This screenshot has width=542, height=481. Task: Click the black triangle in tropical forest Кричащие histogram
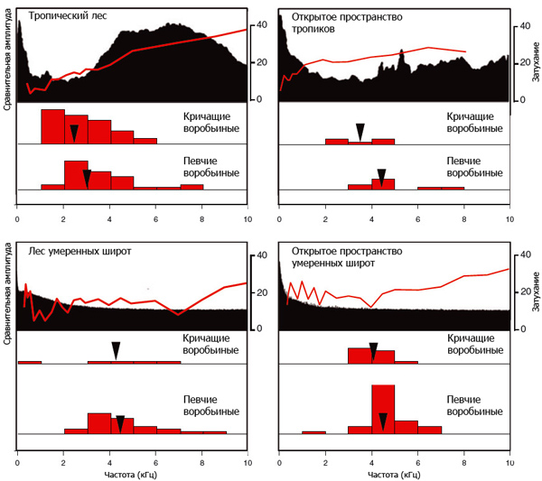(x=74, y=132)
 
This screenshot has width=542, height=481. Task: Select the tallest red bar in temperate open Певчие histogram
(x=383, y=409)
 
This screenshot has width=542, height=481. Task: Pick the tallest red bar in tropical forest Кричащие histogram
(x=52, y=126)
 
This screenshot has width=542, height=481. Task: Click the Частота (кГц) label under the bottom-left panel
(x=133, y=473)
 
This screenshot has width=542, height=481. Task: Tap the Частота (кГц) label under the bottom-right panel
(x=395, y=473)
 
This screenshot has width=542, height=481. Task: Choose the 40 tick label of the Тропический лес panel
(x=263, y=25)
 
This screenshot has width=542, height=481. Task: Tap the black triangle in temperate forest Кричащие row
(x=116, y=350)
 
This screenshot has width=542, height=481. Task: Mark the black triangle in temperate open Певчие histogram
(x=383, y=421)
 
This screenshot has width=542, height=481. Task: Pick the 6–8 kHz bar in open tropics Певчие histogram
(x=441, y=188)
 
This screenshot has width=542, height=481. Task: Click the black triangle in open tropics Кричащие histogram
(x=360, y=132)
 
